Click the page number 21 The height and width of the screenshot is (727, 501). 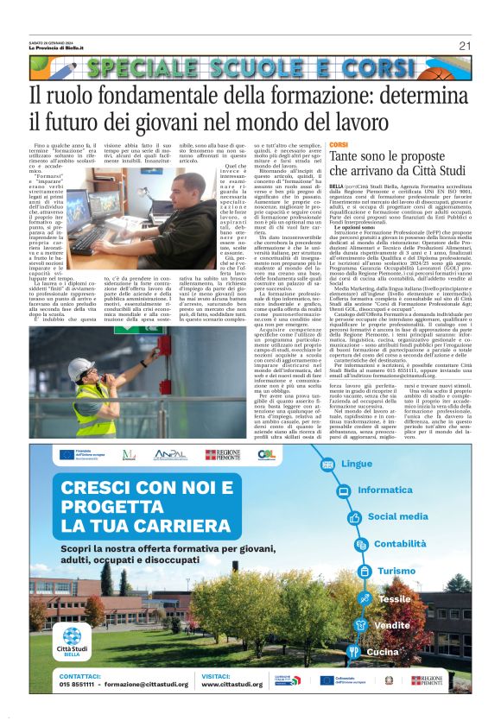[465, 46]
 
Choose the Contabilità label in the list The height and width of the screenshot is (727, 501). [400, 544]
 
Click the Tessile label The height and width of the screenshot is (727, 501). [395, 598]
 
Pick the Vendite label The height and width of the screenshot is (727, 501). [391, 625]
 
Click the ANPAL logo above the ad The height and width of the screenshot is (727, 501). [171, 454]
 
